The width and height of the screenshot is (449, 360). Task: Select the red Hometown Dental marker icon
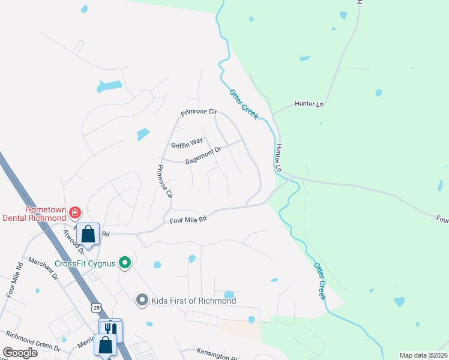click(74, 212)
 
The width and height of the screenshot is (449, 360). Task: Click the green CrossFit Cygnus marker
click(125, 263)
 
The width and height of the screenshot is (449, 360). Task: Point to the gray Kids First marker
click(142, 299)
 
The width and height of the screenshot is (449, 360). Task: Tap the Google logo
click(20, 353)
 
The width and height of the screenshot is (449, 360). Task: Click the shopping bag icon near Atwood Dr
click(88, 233)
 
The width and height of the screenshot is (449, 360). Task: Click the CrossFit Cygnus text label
click(85, 263)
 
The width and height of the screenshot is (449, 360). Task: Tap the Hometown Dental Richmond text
click(35, 214)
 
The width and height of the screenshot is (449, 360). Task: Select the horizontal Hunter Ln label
click(309, 104)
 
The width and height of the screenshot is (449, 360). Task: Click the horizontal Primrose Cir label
click(199, 112)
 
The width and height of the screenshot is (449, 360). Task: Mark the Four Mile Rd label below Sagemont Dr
click(188, 220)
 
